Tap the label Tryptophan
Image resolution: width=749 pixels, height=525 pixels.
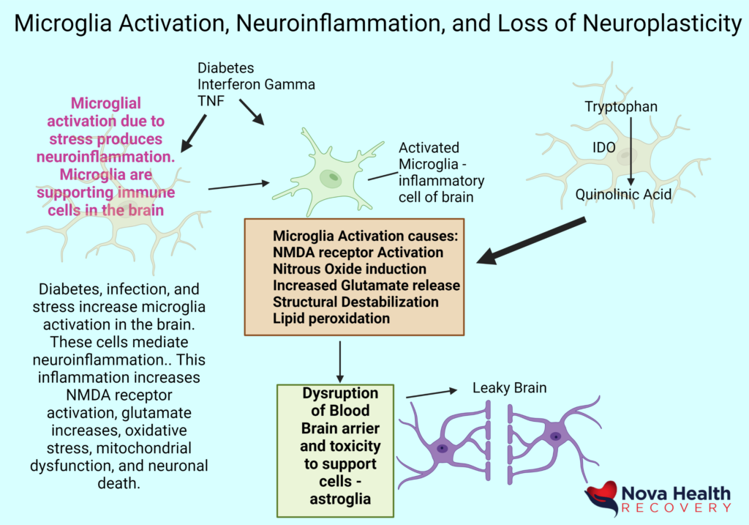621,107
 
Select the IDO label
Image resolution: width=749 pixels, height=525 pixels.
604,151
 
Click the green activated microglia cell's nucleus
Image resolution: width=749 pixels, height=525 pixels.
333,176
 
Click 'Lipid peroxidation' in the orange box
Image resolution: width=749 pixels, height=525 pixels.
331,319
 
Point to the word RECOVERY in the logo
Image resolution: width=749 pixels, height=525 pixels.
675,507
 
